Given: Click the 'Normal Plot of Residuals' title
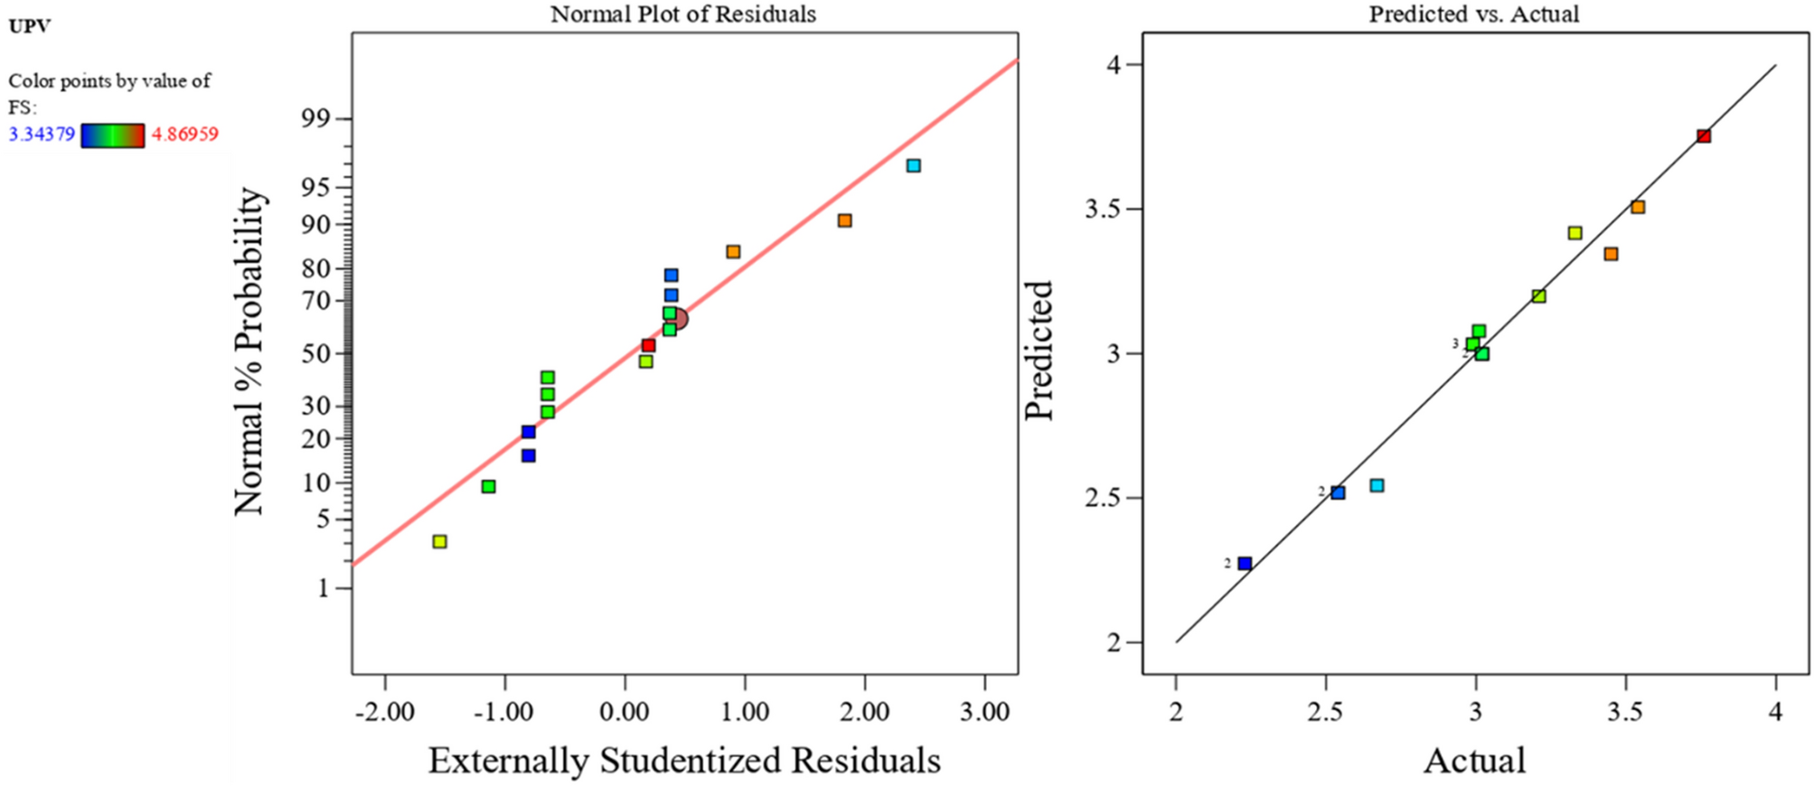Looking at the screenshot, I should click(x=683, y=14).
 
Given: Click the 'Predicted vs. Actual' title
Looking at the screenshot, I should click(x=1474, y=14).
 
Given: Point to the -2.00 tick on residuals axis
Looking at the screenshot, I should click(x=385, y=713).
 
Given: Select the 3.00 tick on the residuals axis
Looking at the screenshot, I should click(x=984, y=713).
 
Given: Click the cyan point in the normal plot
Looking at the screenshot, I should click(x=914, y=165).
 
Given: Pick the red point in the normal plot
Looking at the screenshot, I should click(x=648, y=345).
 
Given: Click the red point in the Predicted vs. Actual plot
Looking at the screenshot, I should click(x=1704, y=136).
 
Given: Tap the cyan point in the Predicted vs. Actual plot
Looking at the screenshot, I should click(x=1377, y=486).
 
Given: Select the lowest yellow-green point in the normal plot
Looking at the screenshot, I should click(x=439, y=542).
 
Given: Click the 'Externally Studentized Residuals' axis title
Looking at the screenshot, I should click(x=684, y=761).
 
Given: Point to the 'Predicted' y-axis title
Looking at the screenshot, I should click(x=1039, y=351).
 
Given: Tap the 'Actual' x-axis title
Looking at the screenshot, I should click(x=1474, y=761).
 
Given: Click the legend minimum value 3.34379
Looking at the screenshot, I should click(x=42, y=135).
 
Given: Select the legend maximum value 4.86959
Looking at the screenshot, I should click(x=184, y=135).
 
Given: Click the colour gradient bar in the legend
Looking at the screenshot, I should click(x=113, y=136).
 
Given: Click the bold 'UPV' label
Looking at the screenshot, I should click(x=29, y=26).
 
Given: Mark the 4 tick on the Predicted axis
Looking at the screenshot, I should click(x=1113, y=65).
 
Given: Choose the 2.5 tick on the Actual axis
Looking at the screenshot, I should click(x=1325, y=713).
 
